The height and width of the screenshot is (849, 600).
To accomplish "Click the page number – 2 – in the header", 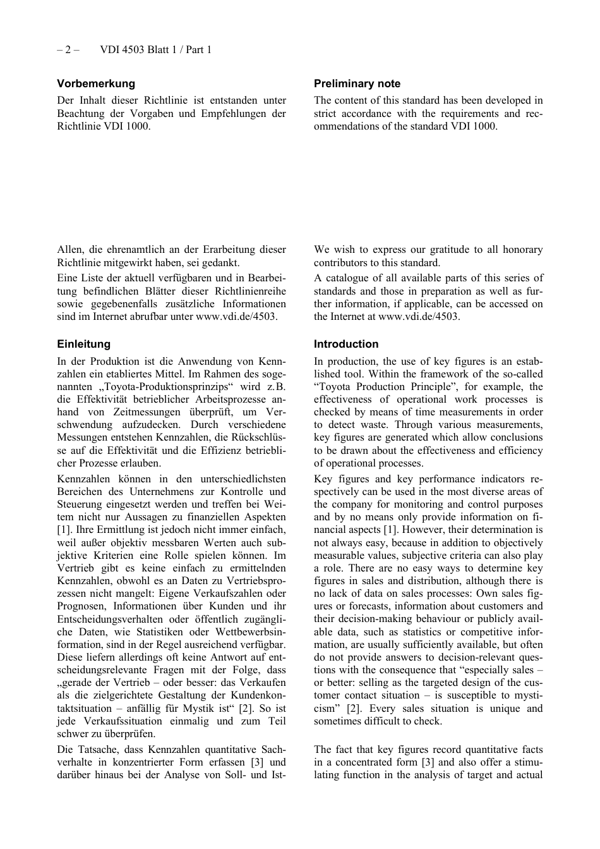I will [x=68, y=49].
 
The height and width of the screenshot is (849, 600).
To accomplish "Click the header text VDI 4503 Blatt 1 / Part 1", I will [x=155, y=49].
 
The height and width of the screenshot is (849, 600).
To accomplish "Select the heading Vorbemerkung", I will [x=96, y=83].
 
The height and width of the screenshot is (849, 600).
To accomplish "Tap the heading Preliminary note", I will [x=357, y=83].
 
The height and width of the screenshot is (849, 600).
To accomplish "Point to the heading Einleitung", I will [x=83, y=344].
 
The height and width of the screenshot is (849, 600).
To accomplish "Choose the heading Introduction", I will [x=346, y=344].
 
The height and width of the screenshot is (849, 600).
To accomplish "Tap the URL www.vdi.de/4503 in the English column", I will [x=418, y=317].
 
